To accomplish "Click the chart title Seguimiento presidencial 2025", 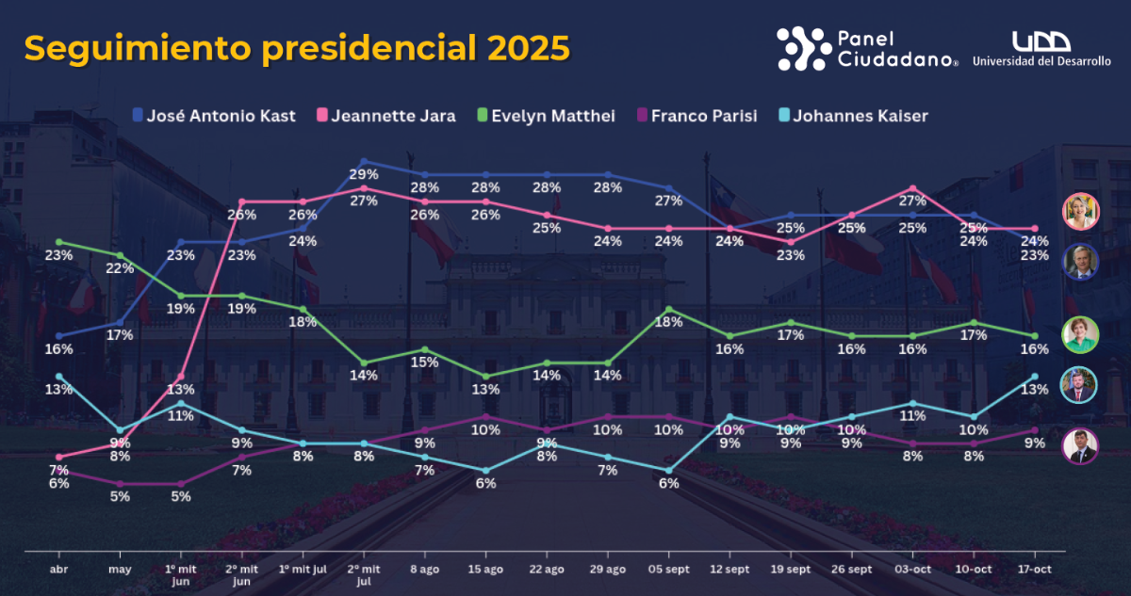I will pos(297,47).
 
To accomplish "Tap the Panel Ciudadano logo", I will pos(867,48).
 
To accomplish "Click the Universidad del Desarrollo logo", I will pos(1041,48).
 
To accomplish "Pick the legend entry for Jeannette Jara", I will pos(386,116).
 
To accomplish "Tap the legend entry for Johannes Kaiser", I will pos(851,116).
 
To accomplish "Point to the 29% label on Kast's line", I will pos(364,174).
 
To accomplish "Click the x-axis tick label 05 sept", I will pos(668,570).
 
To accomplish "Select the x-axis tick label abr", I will pos(58,570).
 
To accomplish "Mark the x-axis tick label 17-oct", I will pos(1034,570).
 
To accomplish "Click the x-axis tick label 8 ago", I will pos(424,570).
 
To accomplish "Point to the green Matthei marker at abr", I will pos(58,242).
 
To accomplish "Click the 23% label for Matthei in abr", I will pos(58,254).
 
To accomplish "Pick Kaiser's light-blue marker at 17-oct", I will pos(1034,377).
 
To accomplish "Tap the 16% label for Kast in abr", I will pos(58,349).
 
